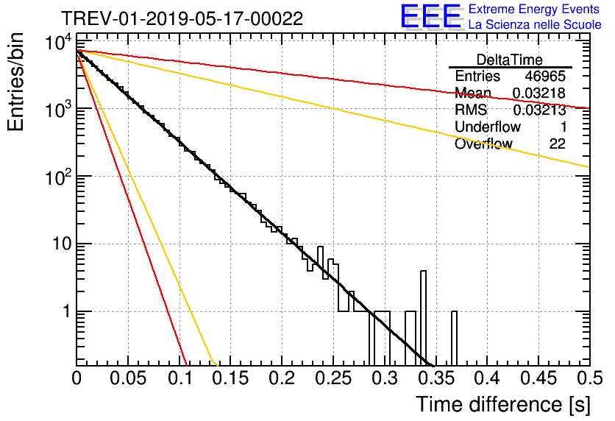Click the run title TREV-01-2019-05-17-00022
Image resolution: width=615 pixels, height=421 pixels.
[182, 19]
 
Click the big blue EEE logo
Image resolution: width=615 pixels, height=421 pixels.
[430, 17]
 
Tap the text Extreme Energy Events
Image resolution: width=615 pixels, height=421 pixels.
[533, 10]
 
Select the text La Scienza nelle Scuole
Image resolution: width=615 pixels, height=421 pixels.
[535, 24]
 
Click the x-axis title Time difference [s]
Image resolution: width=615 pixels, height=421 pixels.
[502, 404]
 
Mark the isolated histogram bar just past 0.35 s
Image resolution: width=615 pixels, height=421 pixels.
[454, 339]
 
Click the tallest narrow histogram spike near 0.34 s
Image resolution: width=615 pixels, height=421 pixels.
[423, 316]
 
